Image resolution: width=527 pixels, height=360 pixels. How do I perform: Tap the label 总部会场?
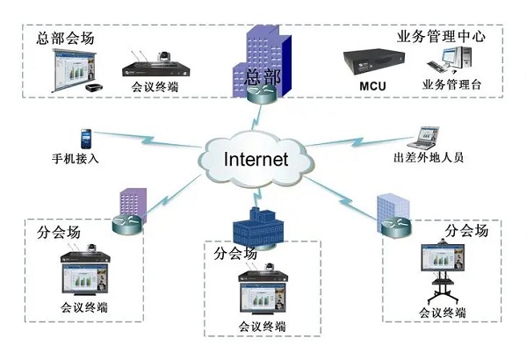coord(65,40)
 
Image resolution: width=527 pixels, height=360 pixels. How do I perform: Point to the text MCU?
coord(372,86)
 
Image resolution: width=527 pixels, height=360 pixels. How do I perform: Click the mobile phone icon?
coord(86,139)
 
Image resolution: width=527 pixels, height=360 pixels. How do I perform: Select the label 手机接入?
coord(76,161)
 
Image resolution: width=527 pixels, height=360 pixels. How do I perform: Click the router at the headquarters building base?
coord(261,94)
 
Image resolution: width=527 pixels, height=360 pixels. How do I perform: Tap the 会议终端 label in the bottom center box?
coord(263,326)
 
